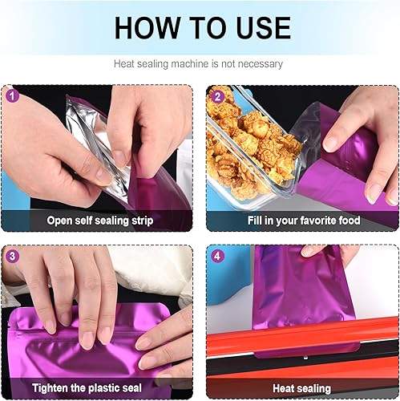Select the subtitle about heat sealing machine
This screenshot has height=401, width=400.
click(x=200, y=63)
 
